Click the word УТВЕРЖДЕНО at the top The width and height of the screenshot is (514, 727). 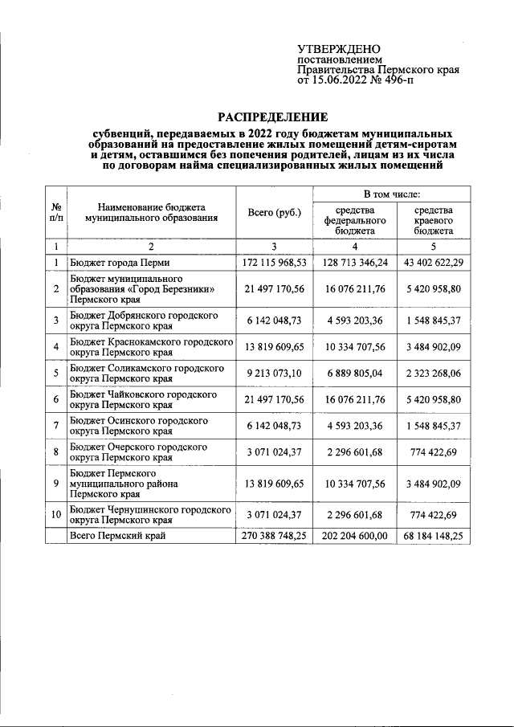(x=338, y=49)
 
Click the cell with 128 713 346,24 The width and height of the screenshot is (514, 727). (x=355, y=263)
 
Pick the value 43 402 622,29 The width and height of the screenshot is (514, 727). (x=433, y=263)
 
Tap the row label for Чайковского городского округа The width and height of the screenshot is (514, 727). (x=143, y=400)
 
